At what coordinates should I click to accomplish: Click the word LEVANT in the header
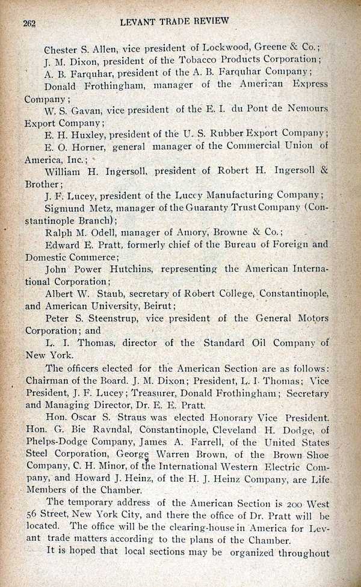[140, 21]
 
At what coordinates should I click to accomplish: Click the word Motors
[313, 318]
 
